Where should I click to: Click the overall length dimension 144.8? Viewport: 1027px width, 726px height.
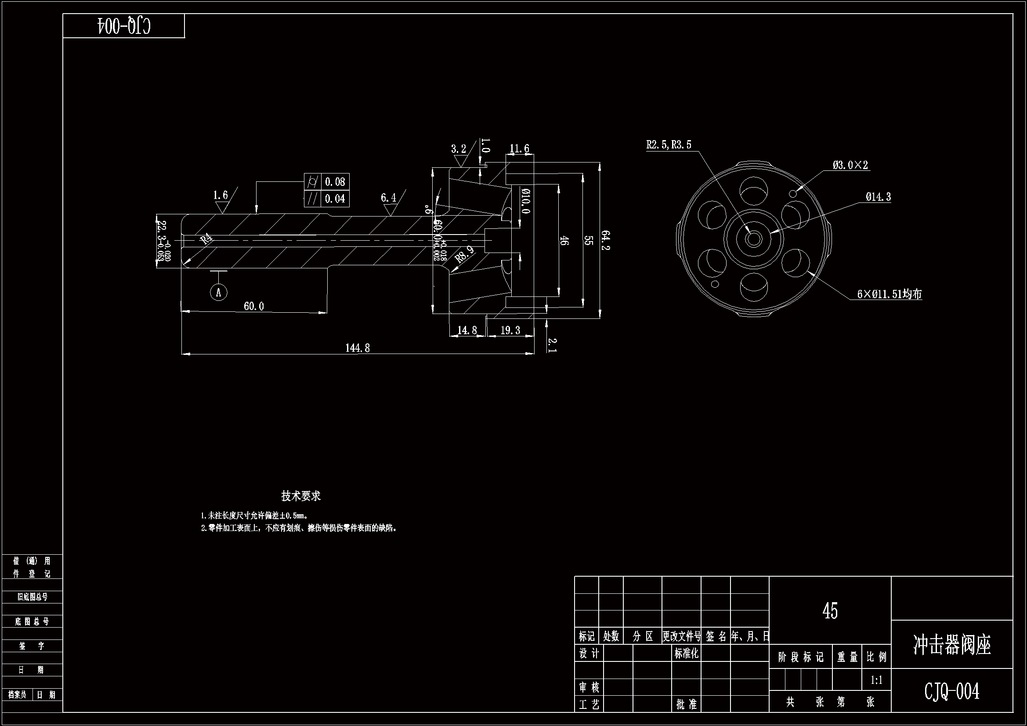358,348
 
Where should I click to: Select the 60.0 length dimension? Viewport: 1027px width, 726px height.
253,307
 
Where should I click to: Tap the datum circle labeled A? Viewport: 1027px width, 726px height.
219,293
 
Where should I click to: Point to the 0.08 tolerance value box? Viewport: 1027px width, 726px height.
335,182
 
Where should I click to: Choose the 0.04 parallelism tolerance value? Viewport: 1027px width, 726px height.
335,199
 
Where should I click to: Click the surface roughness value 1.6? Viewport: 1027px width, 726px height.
220,195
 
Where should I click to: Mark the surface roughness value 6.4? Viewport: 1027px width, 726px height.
388,198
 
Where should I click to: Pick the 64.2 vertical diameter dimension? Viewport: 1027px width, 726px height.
605,240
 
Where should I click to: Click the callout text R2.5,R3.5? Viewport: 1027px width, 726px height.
669,144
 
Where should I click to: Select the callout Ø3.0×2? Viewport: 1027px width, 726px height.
850,165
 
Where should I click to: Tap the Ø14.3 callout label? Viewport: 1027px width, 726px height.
878,197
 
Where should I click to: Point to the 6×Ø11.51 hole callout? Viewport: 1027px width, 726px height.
890,294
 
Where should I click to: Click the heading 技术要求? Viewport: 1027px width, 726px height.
300,495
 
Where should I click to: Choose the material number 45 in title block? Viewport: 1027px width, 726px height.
830,611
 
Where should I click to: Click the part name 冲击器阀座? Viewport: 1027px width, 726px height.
952,645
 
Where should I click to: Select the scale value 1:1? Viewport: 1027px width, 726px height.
876,680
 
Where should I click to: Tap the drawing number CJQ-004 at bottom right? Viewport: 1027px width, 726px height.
952,691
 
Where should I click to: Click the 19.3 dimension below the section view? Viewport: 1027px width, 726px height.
510,331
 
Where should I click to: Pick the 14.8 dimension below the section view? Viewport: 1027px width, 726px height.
467,331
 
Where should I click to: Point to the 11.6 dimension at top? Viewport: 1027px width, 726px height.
519,148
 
